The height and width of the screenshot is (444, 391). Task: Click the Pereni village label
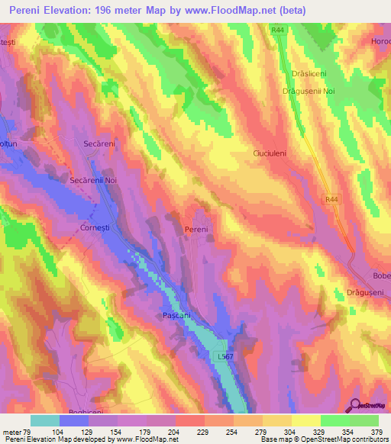[x=196, y=228]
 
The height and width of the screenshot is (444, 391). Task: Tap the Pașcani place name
[x=176, y=314]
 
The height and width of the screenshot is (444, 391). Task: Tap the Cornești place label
[x=96, y=227]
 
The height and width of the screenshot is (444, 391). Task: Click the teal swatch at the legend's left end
[x=45, y=420]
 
